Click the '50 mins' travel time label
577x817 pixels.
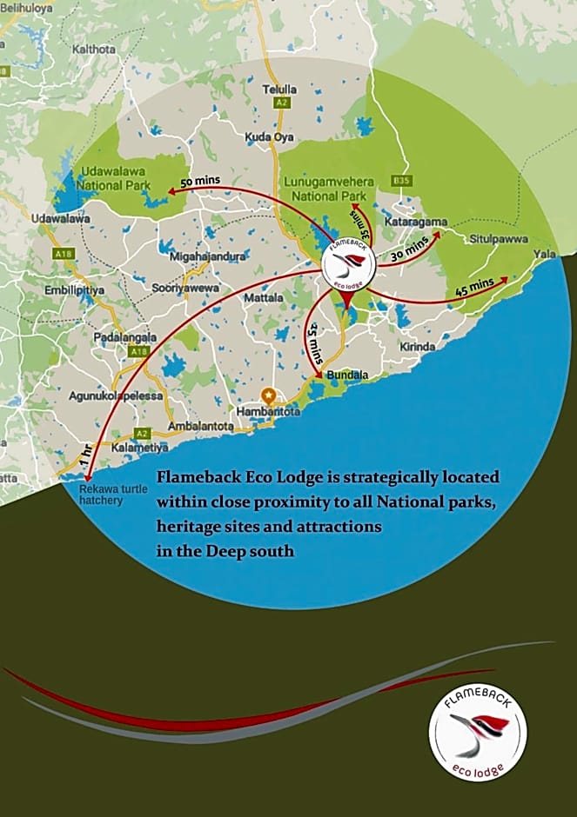click(x=200, y=182)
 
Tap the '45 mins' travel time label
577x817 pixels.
click(x=474, y=287)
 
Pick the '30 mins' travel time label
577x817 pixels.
click(x=407, y=253)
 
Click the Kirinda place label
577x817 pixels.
click(x=418, y=346)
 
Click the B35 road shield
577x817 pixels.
click(x=401, y=180)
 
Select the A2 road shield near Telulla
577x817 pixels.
click(x=281, y=103)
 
